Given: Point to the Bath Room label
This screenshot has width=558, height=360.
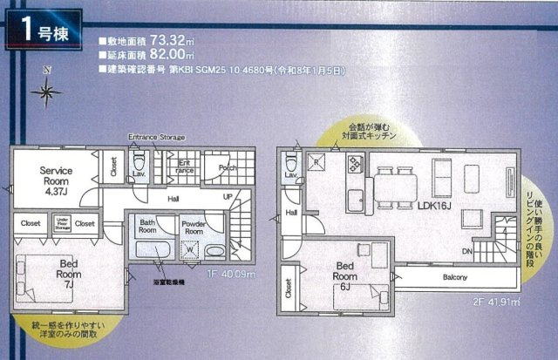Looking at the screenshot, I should [x=152, y=227].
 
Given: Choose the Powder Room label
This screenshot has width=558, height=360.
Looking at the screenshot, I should [x=194, y=227].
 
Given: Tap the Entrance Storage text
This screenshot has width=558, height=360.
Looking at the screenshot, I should [x=156, y=138].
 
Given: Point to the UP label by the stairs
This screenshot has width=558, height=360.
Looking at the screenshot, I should [x=228, y=197].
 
